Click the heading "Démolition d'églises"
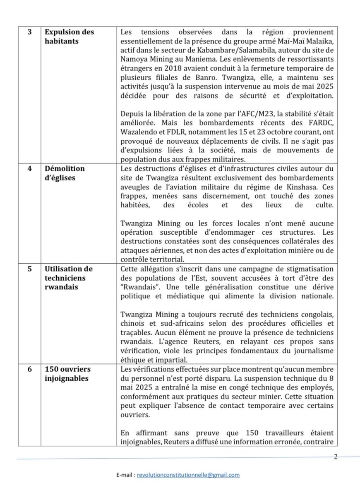[65, 173]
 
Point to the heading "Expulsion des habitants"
[69, 36]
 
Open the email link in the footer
[188, 475]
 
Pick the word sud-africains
[179, 323]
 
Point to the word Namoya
[134, 60]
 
